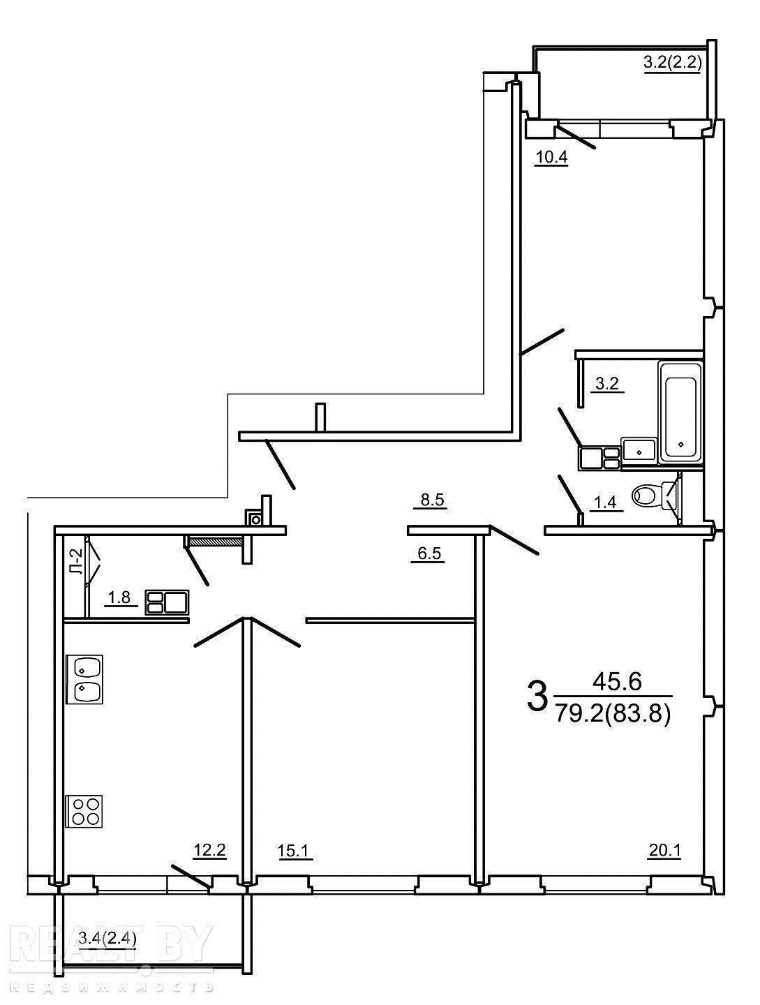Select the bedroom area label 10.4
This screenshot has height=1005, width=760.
tap(551, 158)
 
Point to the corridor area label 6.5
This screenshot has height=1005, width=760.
tap(429, 553)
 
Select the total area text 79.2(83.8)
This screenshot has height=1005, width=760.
tap(613, 713)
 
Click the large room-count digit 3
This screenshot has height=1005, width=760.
tap(537, 697)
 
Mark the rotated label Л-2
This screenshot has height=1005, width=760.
tap(77, 561)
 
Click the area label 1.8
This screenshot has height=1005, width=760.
tap(119, 597)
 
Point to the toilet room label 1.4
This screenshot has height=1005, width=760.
tap(605, 502)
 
